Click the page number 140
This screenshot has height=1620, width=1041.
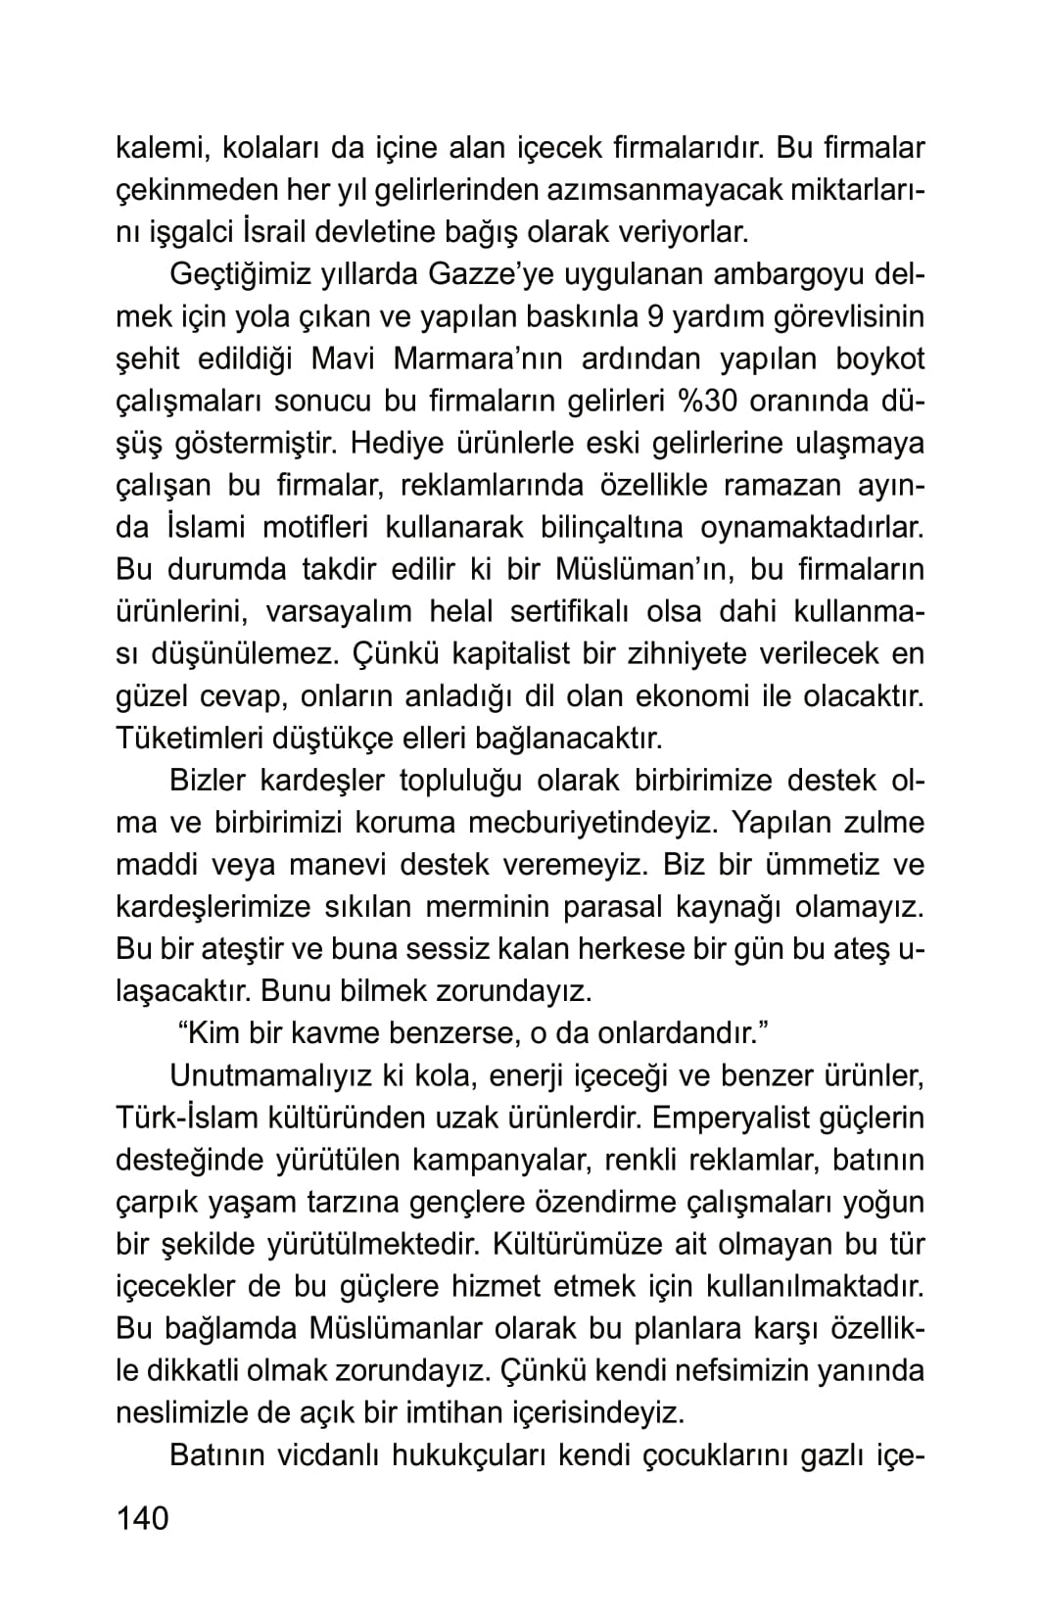tap(143, 1518)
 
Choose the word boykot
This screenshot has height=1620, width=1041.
tap(879, 359)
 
